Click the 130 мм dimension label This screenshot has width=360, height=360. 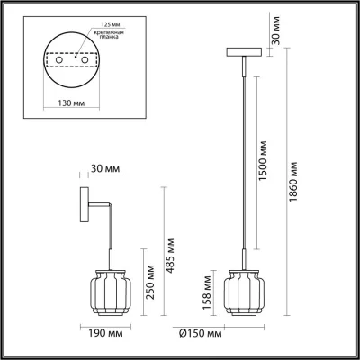point(71,103)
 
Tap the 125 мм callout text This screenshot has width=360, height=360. point(108,25)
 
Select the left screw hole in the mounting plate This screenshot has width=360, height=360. point(59,60)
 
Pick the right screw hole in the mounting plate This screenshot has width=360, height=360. point(85,60)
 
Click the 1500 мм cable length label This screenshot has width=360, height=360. point(263,160)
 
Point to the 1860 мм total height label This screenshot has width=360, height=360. point(293,182)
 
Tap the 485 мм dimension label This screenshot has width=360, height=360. point(170,256)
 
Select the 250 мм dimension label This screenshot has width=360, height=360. point(151,282)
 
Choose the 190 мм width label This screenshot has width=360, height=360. point(105,333)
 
